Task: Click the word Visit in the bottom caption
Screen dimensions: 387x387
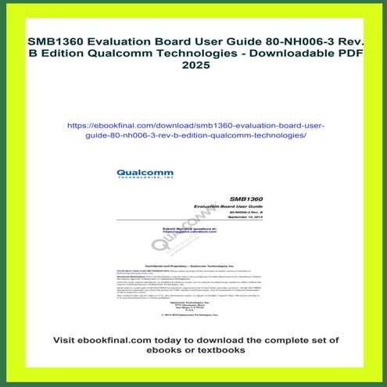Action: (x=67, y=341)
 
